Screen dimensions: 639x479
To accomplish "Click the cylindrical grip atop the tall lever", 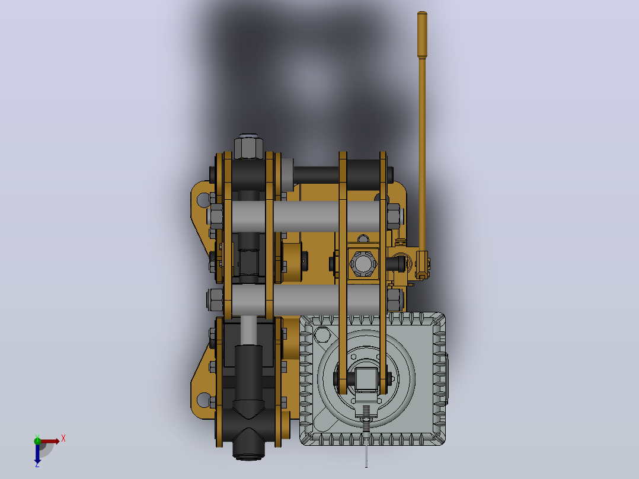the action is pos(422,34).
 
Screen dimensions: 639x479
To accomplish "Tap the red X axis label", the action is pos(63,439).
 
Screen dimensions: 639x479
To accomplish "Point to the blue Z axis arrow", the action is pos(37,453).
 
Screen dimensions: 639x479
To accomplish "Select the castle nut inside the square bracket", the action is pos(363,263).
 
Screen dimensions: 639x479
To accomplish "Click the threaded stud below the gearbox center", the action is pos(366,417).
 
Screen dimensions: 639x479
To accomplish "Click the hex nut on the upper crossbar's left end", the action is pos(215,216).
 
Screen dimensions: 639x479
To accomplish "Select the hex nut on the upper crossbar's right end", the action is pos(394,216).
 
